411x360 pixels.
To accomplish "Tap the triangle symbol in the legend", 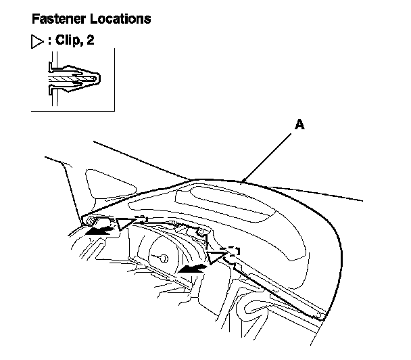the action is pyautogui.click(x=37, y=40).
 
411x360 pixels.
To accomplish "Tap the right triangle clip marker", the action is pyautogui.click(x=216, y=256).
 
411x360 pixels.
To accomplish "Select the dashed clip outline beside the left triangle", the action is pyautogui.click(x=141, y=218).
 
